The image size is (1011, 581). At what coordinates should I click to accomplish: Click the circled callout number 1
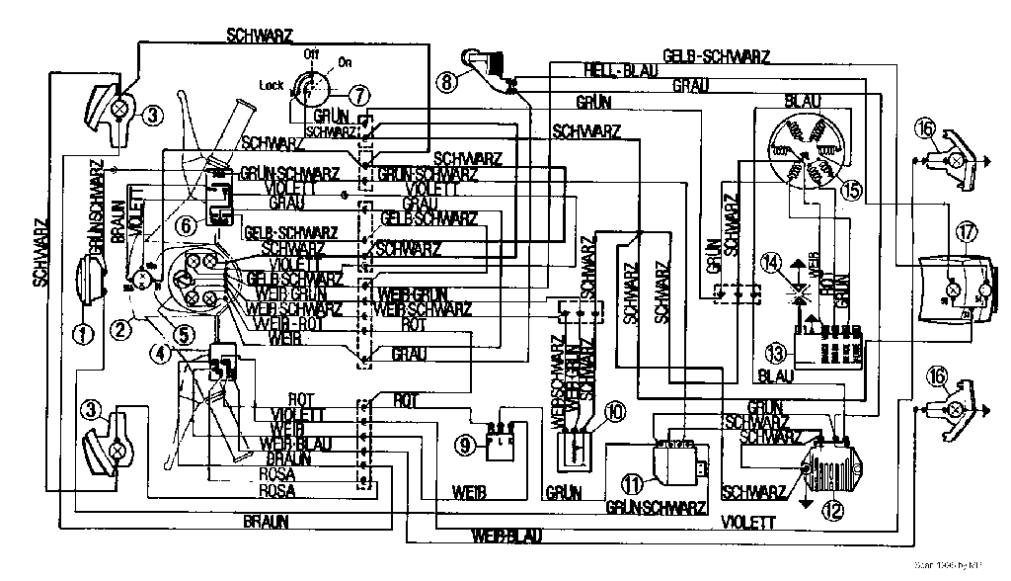[84, 334]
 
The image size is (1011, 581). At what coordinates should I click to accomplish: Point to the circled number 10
[614, 411]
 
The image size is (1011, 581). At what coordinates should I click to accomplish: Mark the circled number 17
[965, 233]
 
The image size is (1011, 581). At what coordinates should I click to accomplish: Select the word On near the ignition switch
[345, 61]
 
